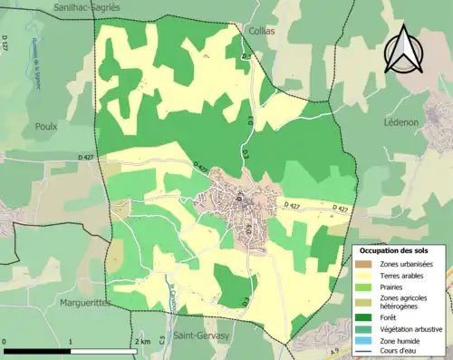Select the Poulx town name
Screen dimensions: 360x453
click(45, 127)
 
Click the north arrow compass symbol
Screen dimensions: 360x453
click(402, 49)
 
